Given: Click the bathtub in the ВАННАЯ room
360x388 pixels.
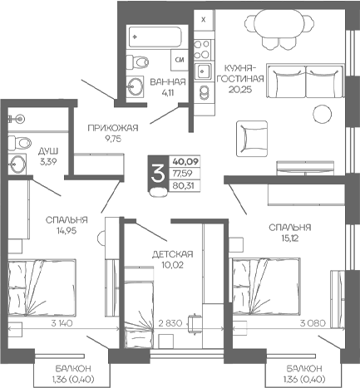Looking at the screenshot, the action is pos(155,37).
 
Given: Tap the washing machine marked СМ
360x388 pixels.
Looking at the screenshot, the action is pos(180,60).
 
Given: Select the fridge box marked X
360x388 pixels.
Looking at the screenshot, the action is pos(204,20).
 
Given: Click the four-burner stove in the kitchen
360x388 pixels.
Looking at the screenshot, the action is pos(201,49).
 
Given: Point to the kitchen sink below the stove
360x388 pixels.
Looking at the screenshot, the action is pos(203,71).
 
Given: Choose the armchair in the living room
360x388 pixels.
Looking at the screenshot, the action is pos(252,139).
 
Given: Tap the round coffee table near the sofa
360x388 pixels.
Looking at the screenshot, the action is pos(323,114).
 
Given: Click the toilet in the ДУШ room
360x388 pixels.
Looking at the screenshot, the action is pos(19,143).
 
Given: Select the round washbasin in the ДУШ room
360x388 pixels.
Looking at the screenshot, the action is pos(17,164).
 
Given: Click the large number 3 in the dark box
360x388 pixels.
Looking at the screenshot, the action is pos(158,174).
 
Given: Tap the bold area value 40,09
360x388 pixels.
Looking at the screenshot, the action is pos(185,161).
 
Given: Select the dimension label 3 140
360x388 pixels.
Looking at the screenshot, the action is pos(62,323).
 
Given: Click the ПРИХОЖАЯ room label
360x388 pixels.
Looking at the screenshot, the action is pos(113,128).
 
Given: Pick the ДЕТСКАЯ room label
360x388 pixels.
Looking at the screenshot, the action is pos(172,254).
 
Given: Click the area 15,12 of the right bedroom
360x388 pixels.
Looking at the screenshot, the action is pos(290,238).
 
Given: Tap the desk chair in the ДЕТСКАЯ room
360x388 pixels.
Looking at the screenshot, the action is pos(195,323).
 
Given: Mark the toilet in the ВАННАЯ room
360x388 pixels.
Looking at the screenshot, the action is pos(137,61).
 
